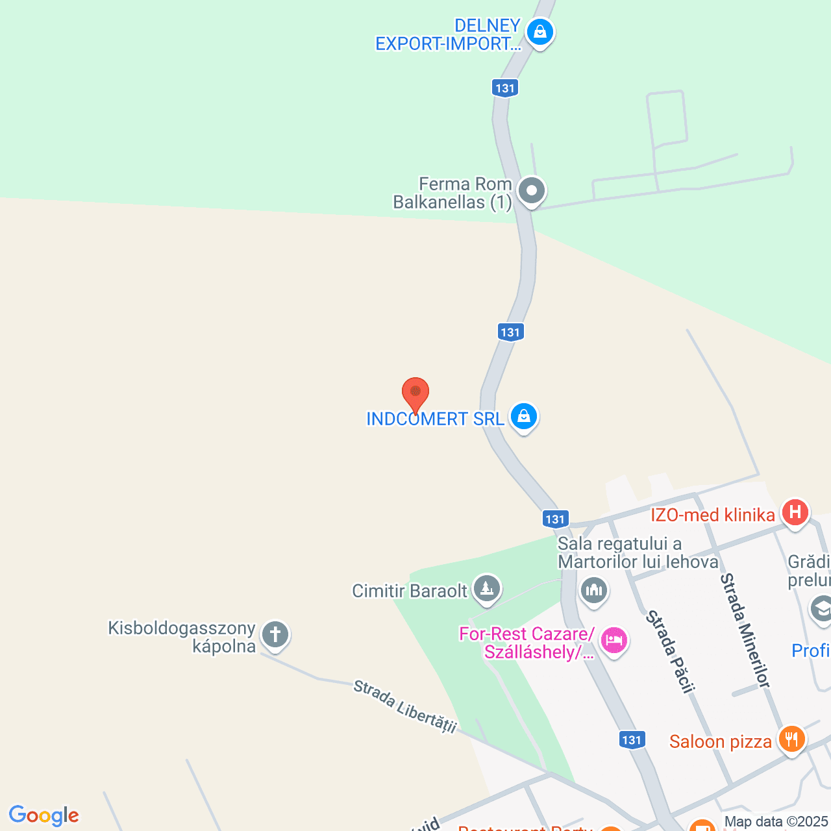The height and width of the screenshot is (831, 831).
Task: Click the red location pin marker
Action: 415,393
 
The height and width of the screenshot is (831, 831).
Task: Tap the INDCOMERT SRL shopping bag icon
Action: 523,417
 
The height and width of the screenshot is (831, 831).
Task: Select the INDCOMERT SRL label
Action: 435,419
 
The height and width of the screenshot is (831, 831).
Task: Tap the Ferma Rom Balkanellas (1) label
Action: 453,193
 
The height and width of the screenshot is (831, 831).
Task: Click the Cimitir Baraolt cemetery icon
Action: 486,589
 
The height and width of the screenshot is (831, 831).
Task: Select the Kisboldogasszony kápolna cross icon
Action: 275,634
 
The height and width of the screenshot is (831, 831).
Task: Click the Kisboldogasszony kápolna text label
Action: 182,637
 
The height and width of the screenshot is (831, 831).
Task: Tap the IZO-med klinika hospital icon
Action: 795,513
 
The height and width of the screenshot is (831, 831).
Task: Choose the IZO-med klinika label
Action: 713,515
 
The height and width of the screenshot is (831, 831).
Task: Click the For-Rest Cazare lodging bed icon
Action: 614,641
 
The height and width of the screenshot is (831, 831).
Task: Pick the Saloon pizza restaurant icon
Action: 791,739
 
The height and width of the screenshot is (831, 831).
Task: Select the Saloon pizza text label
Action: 721,741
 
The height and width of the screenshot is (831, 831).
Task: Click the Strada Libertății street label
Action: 405,706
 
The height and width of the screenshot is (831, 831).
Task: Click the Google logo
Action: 43,815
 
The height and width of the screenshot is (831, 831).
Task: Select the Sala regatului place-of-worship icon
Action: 594,591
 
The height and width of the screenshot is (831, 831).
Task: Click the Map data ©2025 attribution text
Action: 776,822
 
